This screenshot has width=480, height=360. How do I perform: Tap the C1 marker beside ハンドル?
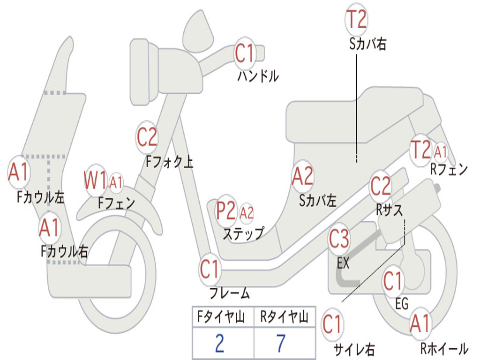tap(244, 53)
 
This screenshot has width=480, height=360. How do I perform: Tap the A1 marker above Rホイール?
tap(420, 323)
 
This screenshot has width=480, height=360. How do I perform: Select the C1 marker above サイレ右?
tap(332, 324)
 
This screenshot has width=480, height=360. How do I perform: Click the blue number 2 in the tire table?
tap(219, 343)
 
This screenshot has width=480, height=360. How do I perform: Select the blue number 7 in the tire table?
tap(281, 343)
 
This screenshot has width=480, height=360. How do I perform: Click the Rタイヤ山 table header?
tap(284, 318)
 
